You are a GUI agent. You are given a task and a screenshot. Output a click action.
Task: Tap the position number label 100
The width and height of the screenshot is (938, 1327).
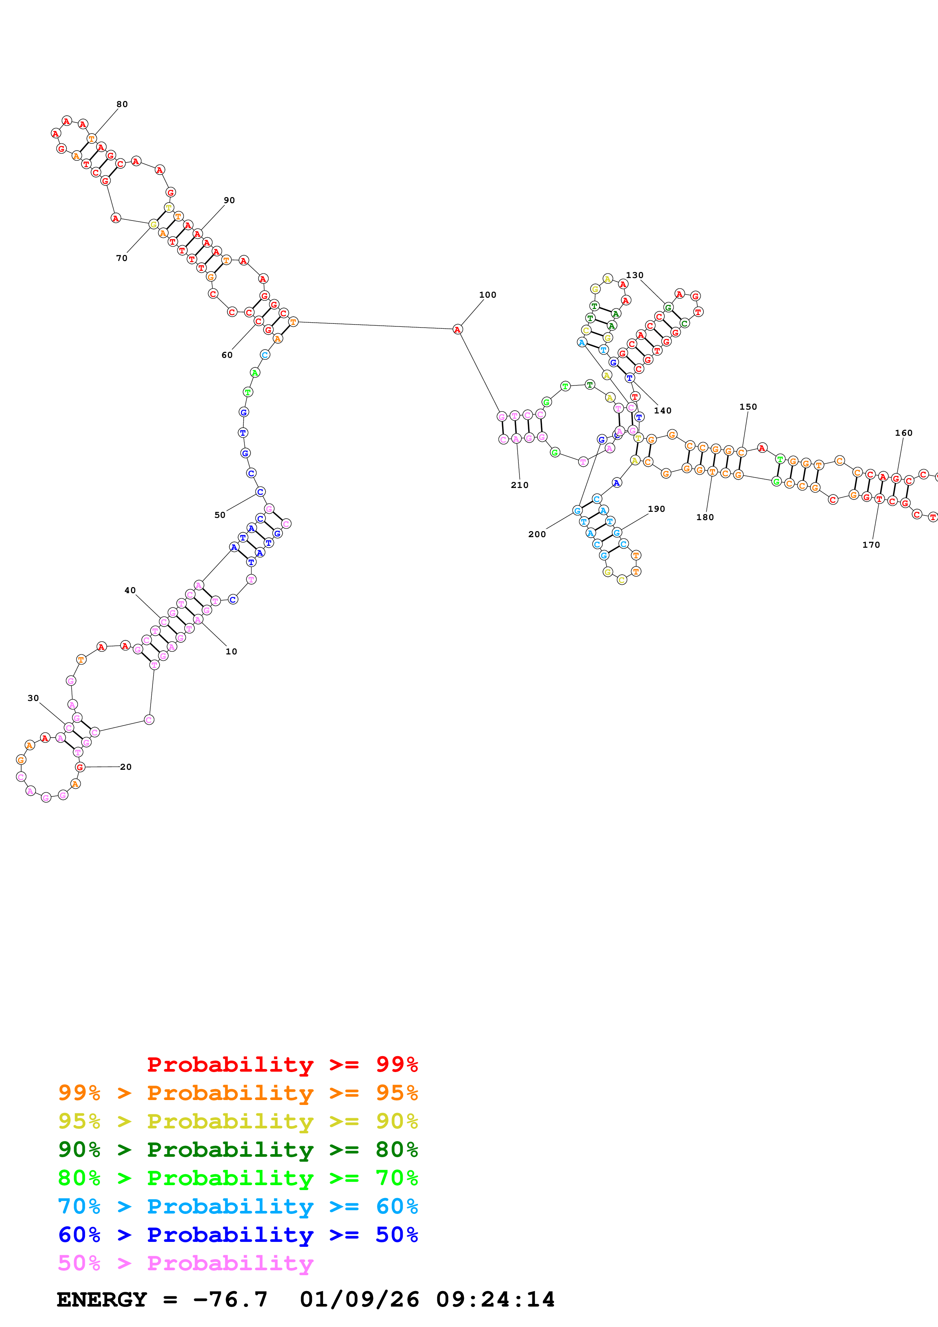pyautogui.click(x=487, y=295)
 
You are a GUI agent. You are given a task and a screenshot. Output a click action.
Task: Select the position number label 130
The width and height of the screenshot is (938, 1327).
pyautogui.click(x=635, y=275)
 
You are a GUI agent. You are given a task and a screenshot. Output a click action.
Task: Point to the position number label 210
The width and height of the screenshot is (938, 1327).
pyautogui.click(x=520, y=485)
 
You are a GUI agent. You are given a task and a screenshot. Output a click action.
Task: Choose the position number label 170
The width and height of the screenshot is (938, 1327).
pyautogui.click(x=871, y=544)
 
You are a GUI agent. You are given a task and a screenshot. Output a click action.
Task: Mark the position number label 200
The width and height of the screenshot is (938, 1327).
pyautogui.click(x=537, y=534)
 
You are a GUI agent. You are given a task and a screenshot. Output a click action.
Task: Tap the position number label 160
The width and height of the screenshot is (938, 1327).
pyautogui.click(x=903, y=433)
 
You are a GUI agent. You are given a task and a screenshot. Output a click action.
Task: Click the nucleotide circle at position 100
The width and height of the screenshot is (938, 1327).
pyautogui.click(x=457, y=329)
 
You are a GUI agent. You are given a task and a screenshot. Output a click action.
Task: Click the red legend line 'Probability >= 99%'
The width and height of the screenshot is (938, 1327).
pyautogui.click(x=282, y=1064)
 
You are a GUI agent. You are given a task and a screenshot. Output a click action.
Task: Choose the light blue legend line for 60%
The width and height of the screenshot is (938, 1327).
pyautogui.click(x=238, y=1206)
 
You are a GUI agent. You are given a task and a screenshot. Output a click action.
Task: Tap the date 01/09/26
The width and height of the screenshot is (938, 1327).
pyautogui.click(x=359, y=1299)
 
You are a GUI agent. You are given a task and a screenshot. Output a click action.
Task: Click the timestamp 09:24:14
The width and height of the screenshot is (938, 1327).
pyautogui.click(x=495, y=1299)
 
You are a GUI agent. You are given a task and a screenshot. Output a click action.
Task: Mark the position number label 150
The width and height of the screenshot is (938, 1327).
pyautogui.click(x=748, y=407)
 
